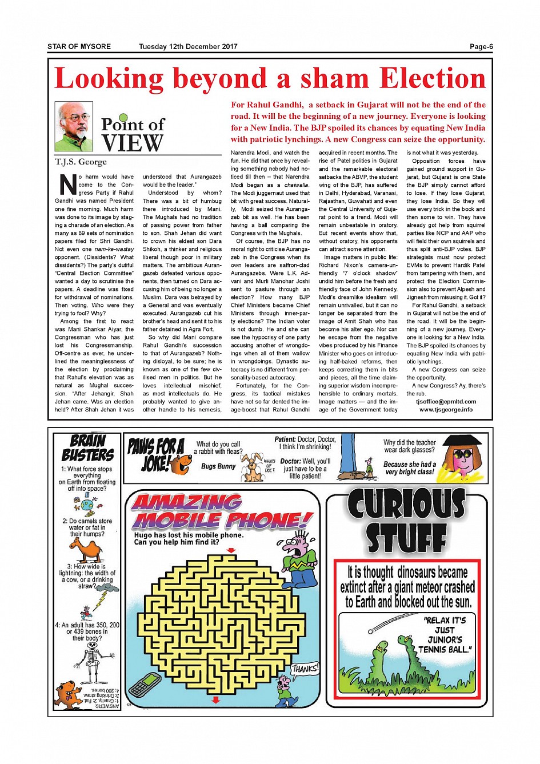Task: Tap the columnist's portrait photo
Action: pos(74,126)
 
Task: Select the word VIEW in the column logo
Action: pos(132,143)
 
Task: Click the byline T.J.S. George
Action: pos(81,162)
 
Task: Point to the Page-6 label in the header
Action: pos(481,47)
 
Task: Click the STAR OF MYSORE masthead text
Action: pos(79,47)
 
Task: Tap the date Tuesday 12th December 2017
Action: pos(188,47)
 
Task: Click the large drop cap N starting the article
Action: pos(67,185)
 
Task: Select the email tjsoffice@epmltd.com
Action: pos(446,402)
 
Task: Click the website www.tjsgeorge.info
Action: pos(446,410)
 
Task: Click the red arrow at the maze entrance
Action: pos(231,550)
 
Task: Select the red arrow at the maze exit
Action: pos(215,700)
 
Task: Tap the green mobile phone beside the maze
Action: pos(145,684)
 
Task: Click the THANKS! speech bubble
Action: pos(305,669)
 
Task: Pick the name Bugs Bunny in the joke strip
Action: pos(218,466)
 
